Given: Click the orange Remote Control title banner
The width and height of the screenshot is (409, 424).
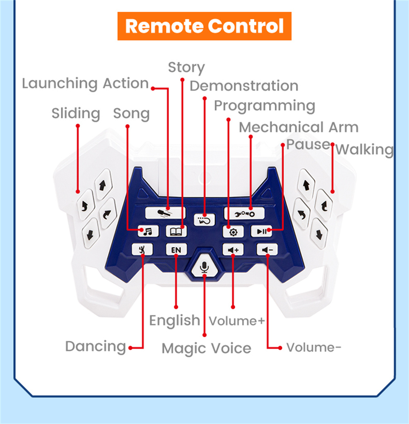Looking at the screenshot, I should (204, 26).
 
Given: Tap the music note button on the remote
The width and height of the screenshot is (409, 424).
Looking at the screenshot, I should (147, 231).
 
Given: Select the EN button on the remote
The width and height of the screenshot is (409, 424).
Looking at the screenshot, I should (176, 250).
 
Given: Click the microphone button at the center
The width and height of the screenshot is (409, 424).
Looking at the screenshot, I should (204, 267).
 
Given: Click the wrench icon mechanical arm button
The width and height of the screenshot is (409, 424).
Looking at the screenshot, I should (245, 213).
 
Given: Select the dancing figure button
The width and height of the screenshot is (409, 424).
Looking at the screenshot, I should (142, 250).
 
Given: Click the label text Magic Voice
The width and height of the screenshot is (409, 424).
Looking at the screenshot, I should (206, 349).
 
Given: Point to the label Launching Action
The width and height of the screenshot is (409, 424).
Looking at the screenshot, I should (85, 83).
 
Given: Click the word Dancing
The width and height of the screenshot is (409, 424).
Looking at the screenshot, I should (96, 347).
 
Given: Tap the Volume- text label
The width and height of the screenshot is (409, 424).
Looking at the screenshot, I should (314, 348).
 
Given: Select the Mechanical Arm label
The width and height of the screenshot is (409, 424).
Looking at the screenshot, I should (299, 128).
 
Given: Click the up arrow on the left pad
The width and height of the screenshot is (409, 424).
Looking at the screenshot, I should (103, 185).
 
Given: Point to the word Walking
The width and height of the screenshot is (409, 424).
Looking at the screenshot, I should (364, 150).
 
